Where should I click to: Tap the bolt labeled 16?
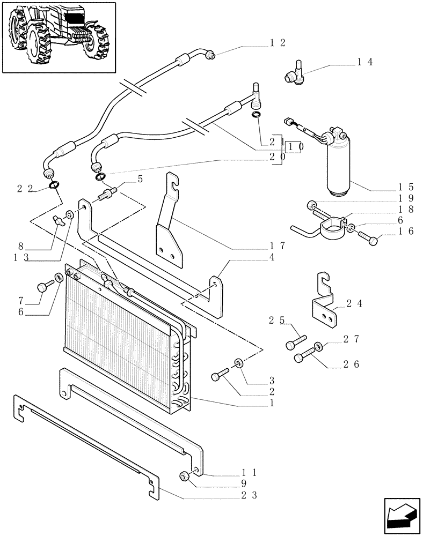(x=370, y=239)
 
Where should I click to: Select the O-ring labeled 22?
(x=54, y=185)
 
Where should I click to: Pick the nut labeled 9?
(x=185, y=476)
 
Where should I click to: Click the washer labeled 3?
(x=238, y=364)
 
